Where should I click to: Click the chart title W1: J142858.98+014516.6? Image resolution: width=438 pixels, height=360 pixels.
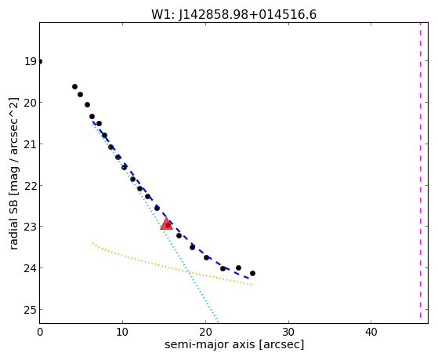233,14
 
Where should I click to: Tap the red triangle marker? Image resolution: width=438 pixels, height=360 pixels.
166,224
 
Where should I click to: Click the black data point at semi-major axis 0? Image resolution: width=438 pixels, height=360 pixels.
40,61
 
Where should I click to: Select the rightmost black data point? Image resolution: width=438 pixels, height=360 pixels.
252,273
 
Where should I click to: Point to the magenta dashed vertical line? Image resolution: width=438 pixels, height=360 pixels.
420,170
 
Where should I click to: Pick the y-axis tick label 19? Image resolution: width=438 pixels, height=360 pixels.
31,61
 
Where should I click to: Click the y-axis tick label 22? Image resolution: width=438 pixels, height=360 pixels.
31,185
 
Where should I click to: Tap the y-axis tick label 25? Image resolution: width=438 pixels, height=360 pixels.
31,310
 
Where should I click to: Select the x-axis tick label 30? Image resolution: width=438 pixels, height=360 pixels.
288,332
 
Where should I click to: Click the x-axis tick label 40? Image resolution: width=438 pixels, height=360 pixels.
371,332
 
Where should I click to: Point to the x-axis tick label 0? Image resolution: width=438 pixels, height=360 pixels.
40,332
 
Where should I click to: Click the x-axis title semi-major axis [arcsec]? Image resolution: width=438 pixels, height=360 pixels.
234,344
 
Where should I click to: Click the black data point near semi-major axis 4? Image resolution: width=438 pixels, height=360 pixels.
74,87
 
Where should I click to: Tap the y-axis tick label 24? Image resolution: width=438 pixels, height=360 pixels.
31,268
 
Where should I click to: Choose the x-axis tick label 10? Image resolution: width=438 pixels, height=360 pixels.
122,332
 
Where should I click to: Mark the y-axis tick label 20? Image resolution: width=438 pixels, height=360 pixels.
31,103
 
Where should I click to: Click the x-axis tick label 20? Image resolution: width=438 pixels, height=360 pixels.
205,332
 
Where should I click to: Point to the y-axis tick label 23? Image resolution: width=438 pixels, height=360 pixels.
31,227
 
